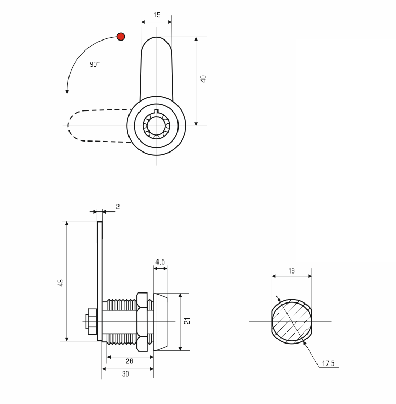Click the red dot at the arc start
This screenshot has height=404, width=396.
(x=121, y=37)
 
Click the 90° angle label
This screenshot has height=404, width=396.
(x=94, y=64)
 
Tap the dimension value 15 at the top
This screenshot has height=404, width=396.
(x=156, y=15)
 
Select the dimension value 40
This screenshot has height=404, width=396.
(x=203, y=78)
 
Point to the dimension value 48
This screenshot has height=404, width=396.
(x=61, y=282)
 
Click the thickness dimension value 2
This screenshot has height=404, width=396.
(x=117, y=207)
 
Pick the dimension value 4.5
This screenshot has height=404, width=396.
(x=160, y=262)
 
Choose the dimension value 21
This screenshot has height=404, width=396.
(x=187, y=321)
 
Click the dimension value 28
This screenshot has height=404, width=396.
(x=130, y=361)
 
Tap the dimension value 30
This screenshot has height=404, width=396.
(x=126, y=373)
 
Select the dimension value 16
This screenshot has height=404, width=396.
(x=291, y=271)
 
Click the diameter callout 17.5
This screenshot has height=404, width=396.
(x=328, y=363)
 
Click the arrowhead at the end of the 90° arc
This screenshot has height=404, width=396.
(x=67, y=92)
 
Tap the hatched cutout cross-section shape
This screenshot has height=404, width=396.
(x=292, y=321)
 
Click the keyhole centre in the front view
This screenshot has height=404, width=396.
(x=156, y=126)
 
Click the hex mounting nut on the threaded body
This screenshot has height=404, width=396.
(x=142, y=322)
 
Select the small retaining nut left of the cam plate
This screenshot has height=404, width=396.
(x=92, y=321)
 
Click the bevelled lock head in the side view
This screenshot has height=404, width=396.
(x=161, y=322)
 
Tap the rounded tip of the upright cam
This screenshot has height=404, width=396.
(x=156, y=38)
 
